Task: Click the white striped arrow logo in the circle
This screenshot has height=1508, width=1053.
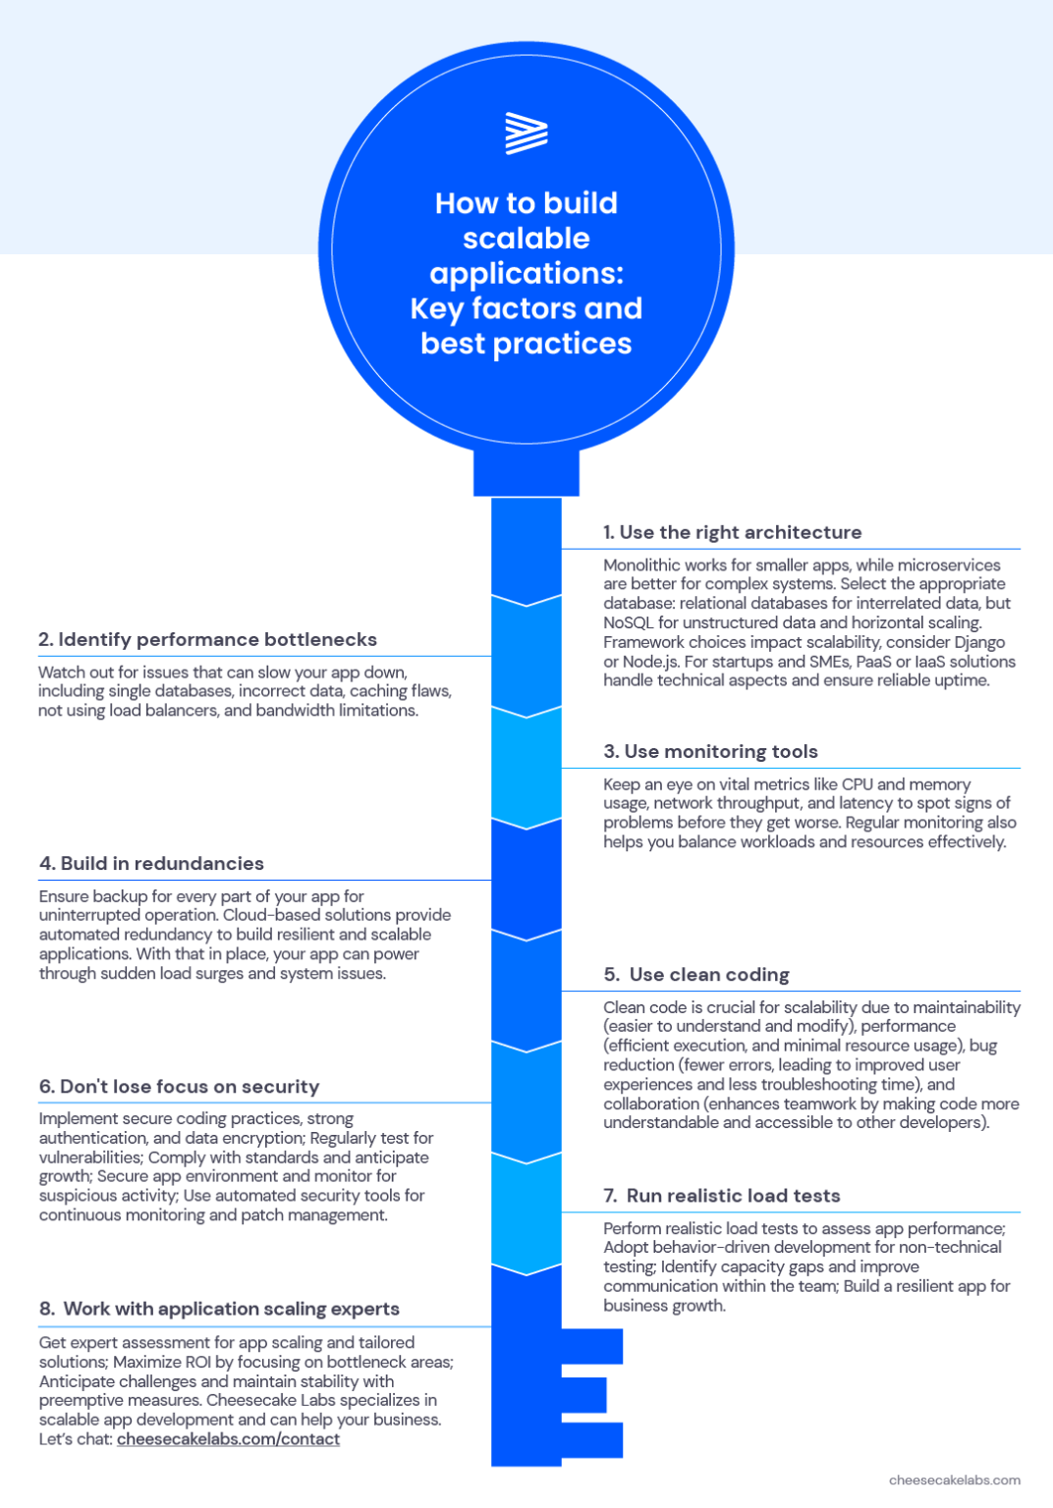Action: point(526,134)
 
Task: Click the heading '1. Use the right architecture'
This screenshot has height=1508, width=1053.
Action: point(733,532)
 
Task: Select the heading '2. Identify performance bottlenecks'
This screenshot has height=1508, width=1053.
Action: point(207,639)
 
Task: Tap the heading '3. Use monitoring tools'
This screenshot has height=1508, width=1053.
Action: point(711,751)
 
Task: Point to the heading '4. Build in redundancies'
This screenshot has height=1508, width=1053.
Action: point(151,863)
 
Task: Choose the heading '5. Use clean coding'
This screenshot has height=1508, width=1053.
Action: point(696,974)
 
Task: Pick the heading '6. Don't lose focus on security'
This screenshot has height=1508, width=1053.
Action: point(179,1086)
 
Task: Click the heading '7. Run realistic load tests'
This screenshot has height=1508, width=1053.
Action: point(722,1195)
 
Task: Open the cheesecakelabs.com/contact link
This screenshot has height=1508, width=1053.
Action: point(229,1438)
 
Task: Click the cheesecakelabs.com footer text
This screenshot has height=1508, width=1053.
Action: point(955,1480)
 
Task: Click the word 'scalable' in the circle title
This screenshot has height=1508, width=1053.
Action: point(526,238)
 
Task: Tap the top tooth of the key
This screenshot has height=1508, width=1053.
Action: point(591,1346)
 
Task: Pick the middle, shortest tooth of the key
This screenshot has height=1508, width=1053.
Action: point(583,1395)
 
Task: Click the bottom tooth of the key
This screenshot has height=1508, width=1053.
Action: point(591,1440)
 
